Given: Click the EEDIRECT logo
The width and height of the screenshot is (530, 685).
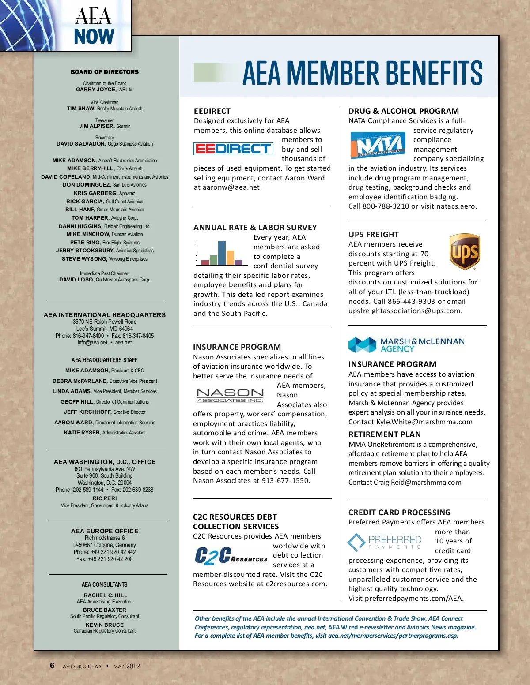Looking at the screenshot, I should tap(233, 149).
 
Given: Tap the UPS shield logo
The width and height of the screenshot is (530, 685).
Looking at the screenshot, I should tap(465, 252).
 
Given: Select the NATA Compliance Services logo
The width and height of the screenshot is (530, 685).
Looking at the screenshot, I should tap(379, 145).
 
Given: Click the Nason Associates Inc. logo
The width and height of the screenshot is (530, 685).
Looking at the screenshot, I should tap(230, 396).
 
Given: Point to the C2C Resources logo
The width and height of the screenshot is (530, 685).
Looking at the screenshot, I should tap(231, 556).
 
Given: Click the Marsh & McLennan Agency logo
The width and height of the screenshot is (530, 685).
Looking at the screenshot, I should tap(406, 344).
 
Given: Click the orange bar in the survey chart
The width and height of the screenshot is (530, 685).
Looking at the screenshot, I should tap(230, 257).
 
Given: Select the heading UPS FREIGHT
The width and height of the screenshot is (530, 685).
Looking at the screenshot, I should tap(373, 235).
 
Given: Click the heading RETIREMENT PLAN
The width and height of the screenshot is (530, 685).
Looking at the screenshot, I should tap(384, 434).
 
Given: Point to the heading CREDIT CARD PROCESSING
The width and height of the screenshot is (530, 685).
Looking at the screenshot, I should tap(399, 513).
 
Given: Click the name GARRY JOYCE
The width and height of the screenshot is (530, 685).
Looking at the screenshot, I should tap(96, 90).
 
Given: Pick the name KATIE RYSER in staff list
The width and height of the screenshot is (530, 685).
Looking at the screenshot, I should tap(82, 433).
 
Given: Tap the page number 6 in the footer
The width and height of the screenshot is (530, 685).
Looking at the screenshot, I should tap(52, 666).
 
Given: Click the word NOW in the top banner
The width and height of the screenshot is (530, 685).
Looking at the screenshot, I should tap(94, 37).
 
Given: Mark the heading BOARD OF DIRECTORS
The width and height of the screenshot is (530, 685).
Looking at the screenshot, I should tap(105, 72).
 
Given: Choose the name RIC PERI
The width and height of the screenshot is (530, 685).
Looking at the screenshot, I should tap(105, 498).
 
